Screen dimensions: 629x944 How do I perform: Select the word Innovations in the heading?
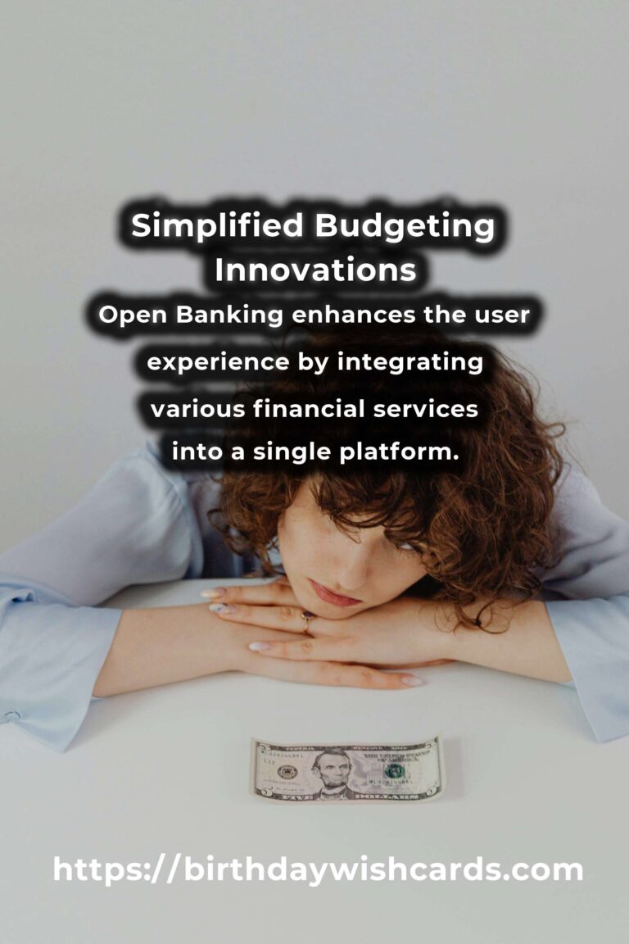[315, 270]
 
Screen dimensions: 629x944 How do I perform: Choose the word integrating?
[410, 363]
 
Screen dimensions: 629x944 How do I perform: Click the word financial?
[309, 409]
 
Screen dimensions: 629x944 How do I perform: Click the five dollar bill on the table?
[347, 769]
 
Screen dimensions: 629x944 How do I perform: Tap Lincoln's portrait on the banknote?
[333, 773]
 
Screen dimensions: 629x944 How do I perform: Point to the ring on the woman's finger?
[308, 621]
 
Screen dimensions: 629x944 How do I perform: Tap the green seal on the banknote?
[394, 771]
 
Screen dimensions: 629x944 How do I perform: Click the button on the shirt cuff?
[12, 716]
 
